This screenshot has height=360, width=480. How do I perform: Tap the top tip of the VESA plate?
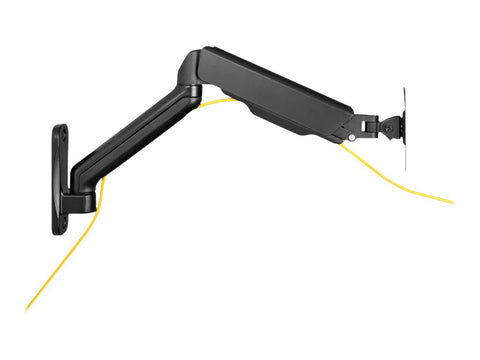[403, 89]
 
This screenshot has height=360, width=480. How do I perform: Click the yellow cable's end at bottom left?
[28, 309]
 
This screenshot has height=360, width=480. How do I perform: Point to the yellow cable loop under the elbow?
[215, 101]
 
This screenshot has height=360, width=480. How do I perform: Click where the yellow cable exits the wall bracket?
[100, 185]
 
